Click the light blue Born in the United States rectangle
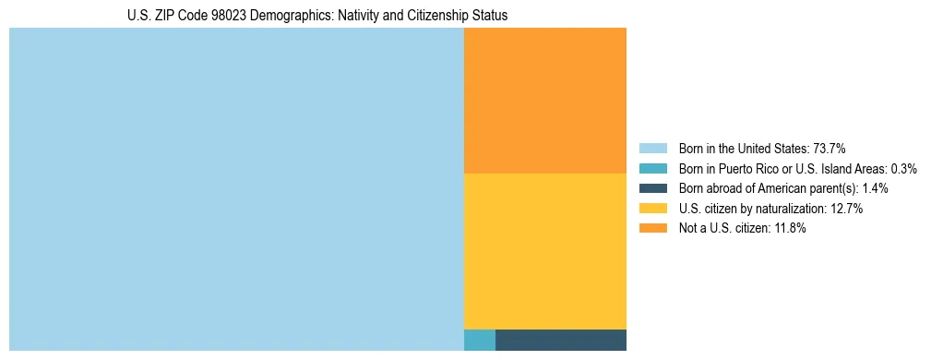(236, 189)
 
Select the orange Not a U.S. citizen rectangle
(544, 101)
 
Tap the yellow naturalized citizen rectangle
(544, 251)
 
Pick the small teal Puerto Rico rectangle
(479, 340)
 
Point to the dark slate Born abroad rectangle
(560, 340)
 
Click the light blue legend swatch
(652, 149)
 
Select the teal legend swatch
(652, 169)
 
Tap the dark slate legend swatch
(652, 188)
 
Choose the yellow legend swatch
(652, 209)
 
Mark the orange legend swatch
(652, 229)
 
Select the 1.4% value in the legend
(875, 188)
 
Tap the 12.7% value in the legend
(846, 209)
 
